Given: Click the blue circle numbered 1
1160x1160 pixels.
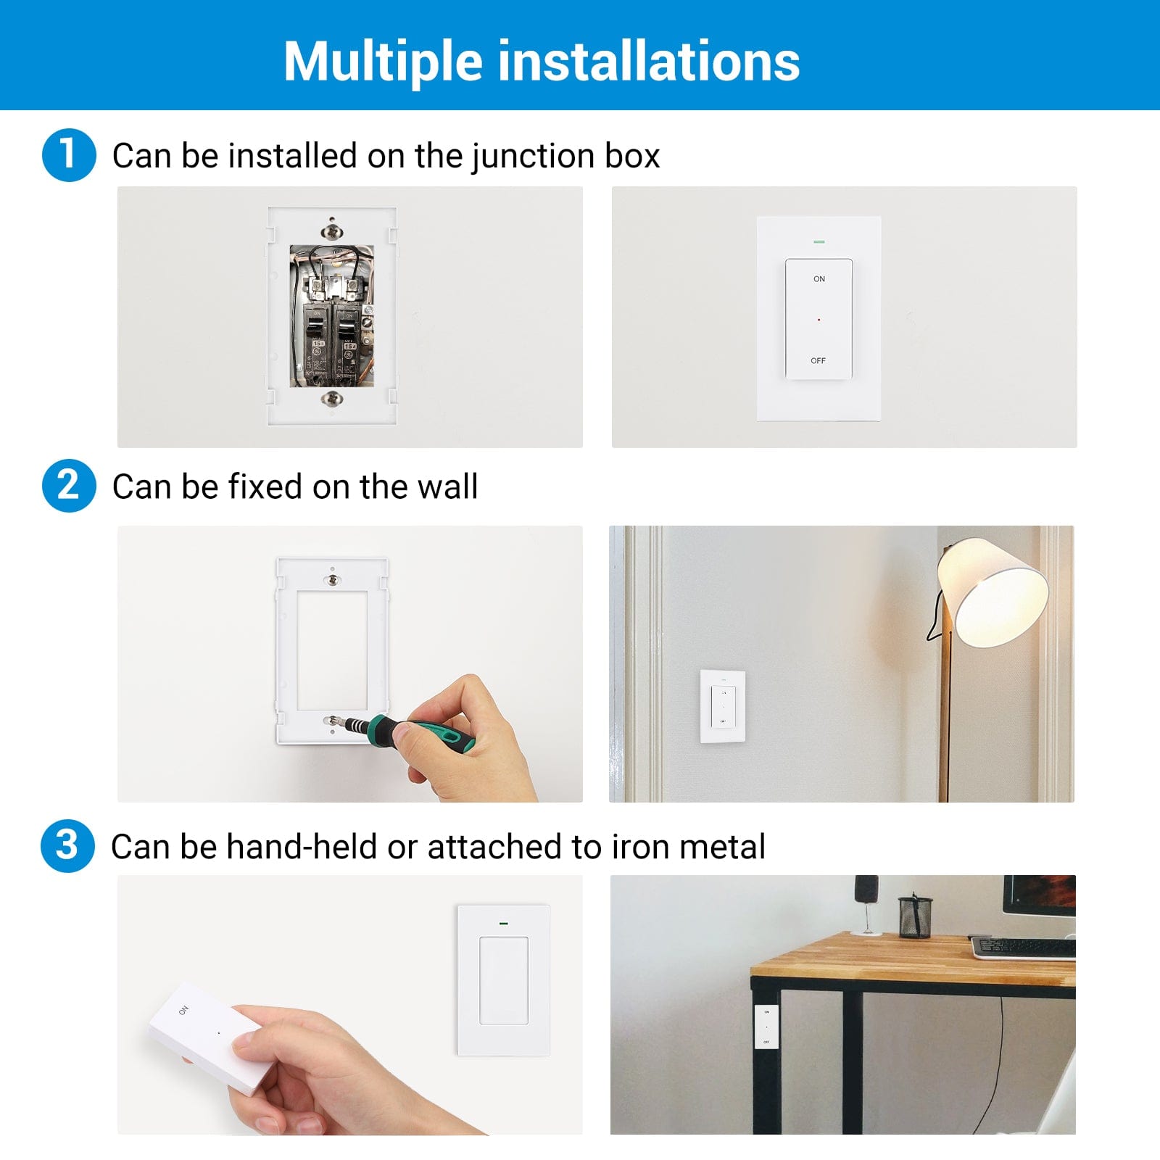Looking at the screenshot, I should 69,155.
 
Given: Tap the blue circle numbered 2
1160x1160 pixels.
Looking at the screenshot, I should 69,486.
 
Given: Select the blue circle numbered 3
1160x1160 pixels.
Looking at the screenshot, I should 67,846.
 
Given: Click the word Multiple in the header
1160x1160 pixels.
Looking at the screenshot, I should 383,62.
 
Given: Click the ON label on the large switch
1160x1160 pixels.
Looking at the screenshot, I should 819,279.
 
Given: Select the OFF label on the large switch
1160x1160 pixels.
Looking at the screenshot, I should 818,360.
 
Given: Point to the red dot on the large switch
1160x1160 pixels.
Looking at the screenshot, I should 819,320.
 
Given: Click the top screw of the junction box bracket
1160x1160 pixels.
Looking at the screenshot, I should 332,231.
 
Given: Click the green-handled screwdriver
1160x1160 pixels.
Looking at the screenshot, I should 420,729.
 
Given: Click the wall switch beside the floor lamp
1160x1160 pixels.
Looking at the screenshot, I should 723,706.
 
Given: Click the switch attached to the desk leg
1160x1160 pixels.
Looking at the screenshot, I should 766,1026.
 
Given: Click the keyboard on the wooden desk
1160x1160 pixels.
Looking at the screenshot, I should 1022,947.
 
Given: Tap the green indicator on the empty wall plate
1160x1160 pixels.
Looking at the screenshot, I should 503,924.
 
